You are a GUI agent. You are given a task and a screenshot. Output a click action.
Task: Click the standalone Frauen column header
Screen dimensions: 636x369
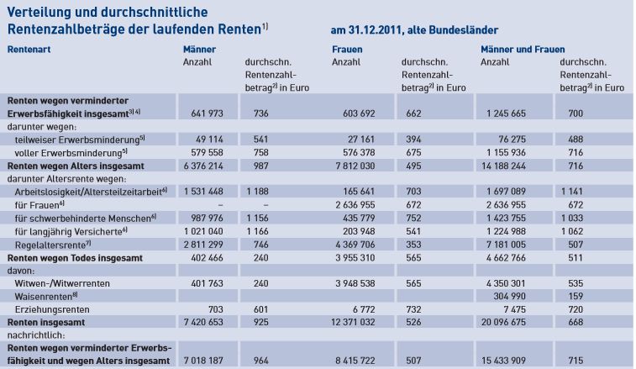coord(347,50)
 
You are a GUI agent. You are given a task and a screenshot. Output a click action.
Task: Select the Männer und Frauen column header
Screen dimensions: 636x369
coord(523,50)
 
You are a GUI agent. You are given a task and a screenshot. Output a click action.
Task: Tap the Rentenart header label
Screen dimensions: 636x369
coord(29,50)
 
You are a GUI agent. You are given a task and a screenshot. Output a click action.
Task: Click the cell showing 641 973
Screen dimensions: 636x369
coord(207,113)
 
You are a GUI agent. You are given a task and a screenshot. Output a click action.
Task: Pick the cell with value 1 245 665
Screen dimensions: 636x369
coord(506,113)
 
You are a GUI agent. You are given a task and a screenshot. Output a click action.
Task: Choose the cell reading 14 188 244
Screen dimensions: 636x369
coord(503,166)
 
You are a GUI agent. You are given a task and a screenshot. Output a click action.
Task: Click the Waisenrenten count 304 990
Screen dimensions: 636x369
coord(509,297)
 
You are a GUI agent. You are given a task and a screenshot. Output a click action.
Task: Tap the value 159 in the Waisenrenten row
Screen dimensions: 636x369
coord(576,297)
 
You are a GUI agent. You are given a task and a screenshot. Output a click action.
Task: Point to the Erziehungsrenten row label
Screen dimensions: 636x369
coord(52,309)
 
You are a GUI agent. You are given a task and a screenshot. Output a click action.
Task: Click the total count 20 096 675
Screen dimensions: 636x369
coord(503,322)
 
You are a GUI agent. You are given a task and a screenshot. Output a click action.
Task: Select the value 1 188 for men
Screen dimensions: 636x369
coord(257,191)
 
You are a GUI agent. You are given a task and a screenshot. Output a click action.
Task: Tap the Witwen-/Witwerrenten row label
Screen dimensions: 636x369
coord(62,283)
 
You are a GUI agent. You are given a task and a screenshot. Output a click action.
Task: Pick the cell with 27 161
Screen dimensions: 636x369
coord(361,140)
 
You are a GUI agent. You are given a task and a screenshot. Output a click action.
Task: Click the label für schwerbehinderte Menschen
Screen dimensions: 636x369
coord(85,219)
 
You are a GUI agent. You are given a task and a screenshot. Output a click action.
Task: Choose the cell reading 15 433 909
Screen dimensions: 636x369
coord(503,361)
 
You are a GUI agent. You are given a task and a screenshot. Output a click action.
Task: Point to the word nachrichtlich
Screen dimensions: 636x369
coord(36,335)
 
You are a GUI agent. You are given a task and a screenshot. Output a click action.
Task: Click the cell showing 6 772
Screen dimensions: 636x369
coord(364,309)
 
